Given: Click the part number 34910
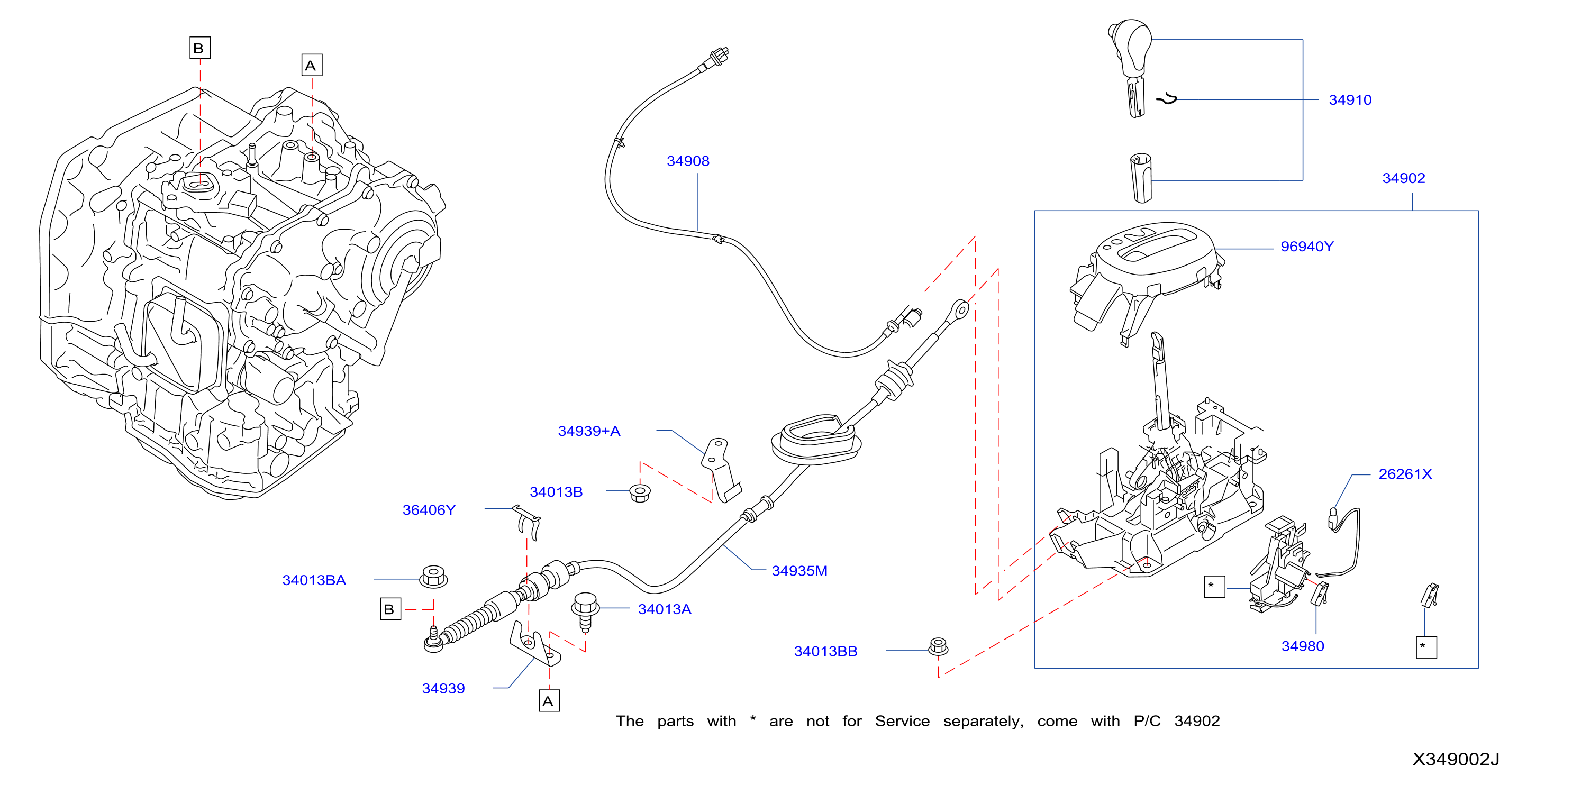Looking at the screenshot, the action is [1350, 100].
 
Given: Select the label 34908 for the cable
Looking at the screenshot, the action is [688, 161].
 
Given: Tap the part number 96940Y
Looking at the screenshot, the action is [1307, 247].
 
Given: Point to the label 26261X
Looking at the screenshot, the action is [1405, 474].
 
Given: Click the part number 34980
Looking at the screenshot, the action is [1302, 646].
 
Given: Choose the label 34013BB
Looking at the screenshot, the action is [825, 652].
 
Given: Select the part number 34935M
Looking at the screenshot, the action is [799, 571].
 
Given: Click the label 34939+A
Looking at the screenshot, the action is [588, 432].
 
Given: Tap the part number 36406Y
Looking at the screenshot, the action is [429, 510].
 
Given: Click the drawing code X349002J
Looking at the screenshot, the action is [1456, 760].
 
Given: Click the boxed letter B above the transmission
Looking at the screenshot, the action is [199, 48].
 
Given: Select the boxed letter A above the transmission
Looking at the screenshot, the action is [312, 65].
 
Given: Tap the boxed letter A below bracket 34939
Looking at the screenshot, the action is [549, 701].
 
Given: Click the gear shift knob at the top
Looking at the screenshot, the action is [1131, 68].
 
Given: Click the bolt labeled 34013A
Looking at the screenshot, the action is [585, 611].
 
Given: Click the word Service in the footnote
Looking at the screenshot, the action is [902, 721].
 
